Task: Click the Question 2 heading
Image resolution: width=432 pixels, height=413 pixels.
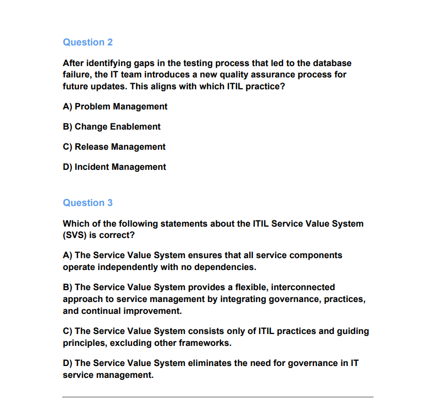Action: point(88,42)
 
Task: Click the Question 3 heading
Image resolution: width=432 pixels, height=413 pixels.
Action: point(88,203)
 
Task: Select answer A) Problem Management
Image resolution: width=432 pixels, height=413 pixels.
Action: point(115,106)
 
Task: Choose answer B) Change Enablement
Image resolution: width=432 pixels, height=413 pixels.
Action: point(111,126)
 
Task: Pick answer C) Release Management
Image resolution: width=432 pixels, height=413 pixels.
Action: point(114,147)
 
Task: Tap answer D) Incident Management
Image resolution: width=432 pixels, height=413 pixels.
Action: point(115,167)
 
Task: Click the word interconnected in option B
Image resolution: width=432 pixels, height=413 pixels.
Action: point(303,287)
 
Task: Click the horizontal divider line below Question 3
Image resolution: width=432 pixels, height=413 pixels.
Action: point(218,397)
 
